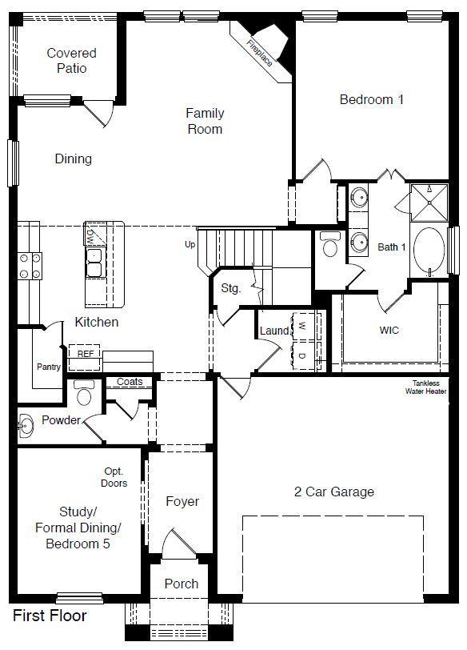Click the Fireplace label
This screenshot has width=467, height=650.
[260, 53]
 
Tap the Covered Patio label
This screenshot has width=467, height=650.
[72, 61]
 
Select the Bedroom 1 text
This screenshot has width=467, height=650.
[371, 99]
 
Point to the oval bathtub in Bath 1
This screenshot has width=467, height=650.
[429, 250]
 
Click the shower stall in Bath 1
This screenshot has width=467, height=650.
[429, 203]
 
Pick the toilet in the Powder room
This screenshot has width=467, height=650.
[84, 392]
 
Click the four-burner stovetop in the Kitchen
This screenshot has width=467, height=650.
[30, 266]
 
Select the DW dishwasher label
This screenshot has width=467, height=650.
[90, 237]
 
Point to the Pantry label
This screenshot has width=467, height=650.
[49, 367]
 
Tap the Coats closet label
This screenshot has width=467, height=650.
[130, 381]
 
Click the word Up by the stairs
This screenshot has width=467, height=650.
[190, 244]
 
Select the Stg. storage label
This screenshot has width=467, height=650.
[230, 288]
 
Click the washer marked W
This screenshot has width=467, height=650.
[302, 327]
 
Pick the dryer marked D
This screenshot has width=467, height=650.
[302, 355]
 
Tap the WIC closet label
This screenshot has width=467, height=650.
[389, 331]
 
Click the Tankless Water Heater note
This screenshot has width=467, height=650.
[426, 387]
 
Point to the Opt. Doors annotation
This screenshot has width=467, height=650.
[114, 477]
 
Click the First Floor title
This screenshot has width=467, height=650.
[50, 616]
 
